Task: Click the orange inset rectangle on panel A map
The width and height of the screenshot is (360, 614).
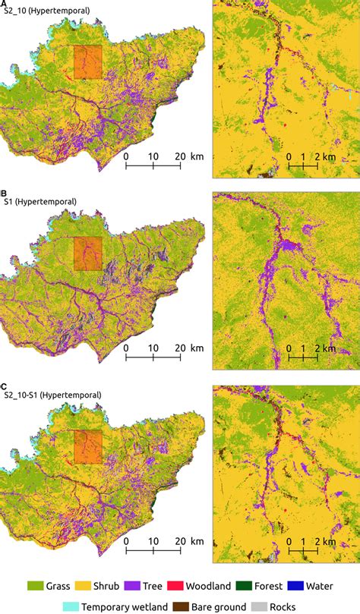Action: [x=87, y=61]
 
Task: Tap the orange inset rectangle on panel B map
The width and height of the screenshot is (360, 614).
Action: [x=87, y=253]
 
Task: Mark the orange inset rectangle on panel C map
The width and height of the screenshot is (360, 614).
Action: [x=87, y=446]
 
